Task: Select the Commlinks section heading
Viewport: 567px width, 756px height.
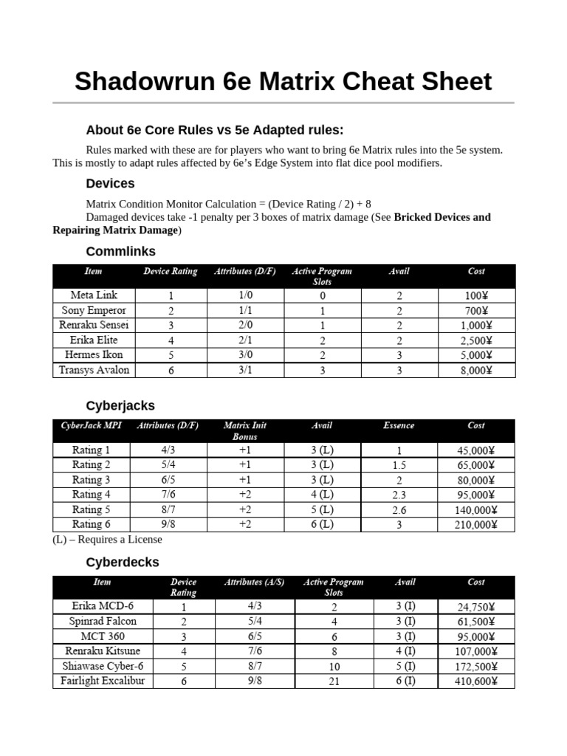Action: point(120,251)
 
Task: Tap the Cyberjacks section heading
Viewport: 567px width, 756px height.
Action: point(120,406)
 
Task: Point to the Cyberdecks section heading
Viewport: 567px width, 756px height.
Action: point(123,562)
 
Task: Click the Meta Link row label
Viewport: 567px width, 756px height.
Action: point(94,295)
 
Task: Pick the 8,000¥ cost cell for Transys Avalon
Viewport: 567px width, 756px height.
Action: point(475,370)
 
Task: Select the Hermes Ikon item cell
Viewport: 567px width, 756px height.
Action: point(94,355)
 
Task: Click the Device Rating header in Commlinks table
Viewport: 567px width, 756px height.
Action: point(171,272)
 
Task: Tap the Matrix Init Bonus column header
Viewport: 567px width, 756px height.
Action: point(245,431)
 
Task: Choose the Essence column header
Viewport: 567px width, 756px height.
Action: point(399,426)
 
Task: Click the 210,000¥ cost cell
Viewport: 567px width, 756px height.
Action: point(475,525)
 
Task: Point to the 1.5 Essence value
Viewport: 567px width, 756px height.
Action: point(399,465)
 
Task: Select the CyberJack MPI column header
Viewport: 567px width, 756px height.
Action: point(91,426)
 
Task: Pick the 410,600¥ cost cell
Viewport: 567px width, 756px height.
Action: point(475,681)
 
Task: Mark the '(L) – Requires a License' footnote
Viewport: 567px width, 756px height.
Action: point(107,540)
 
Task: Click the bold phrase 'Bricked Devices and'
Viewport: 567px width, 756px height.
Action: point(442,217)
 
